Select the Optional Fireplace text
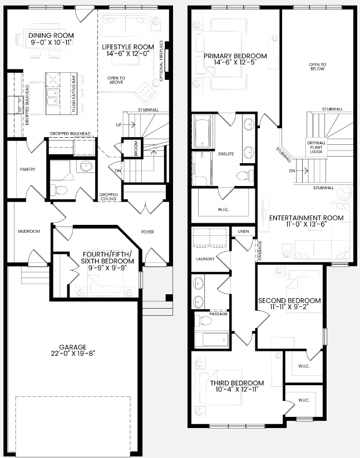(162, 61)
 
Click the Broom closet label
(135, 148)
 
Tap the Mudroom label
(29, 231)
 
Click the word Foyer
(147, 231)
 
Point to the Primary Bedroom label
(235, 56)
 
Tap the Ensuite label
(226, 153)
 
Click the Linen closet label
(243, 231)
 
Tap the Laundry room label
(201, 258)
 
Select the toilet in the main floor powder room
(62, 190)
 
